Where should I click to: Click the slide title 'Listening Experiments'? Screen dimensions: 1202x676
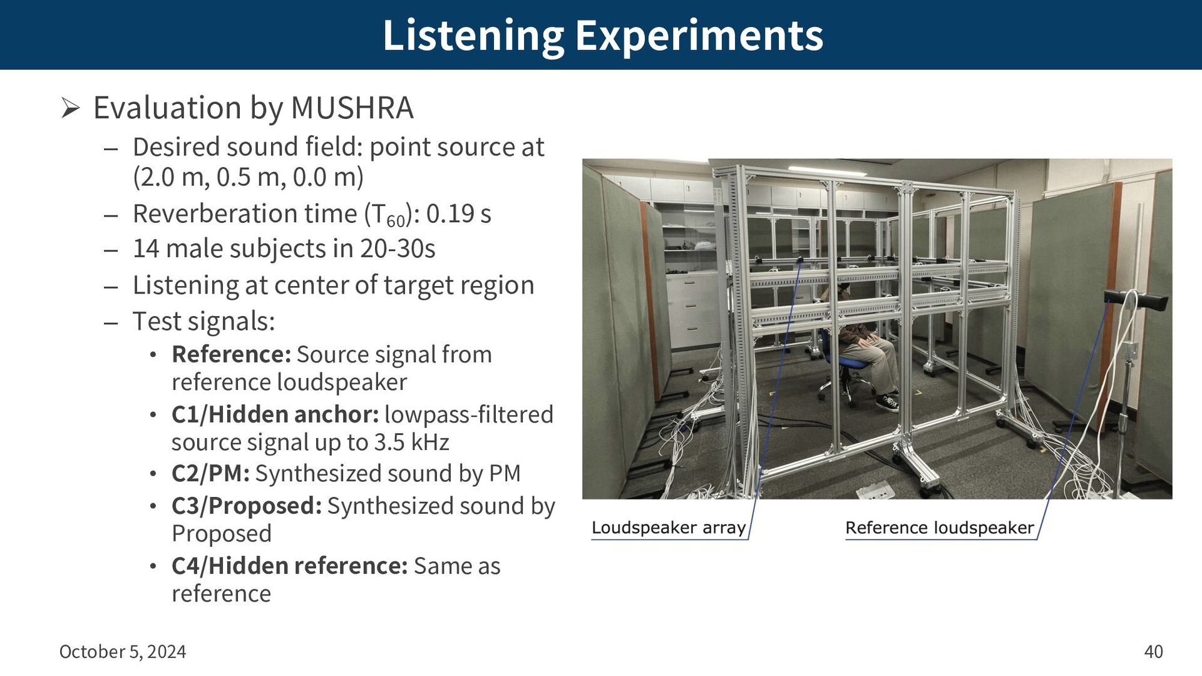point(602,35)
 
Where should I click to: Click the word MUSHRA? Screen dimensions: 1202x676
point(352,108)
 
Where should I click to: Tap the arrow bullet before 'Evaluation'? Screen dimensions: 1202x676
point(70,108)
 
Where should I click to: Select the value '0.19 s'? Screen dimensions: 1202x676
point(458,214)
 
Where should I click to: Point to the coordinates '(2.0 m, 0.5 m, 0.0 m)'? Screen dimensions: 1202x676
point(248,178)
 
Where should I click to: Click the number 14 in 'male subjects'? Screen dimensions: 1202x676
point(146,248)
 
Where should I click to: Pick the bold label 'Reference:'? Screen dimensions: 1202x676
point(231,354)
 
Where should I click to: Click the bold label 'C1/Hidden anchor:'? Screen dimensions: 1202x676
point(275,414)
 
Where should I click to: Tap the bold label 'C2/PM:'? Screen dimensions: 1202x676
point(210,474)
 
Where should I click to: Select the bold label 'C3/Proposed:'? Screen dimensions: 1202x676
point(247,506)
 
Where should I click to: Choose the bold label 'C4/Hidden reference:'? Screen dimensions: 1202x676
point(290,566)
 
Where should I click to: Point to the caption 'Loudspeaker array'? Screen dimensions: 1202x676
point(669,528)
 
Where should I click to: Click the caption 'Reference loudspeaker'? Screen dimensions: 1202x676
point(940,528)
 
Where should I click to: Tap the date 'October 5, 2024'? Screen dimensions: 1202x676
point(123,652)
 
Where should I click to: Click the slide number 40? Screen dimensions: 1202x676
point(1153,652)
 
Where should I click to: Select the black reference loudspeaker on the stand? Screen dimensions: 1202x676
point(1134,300)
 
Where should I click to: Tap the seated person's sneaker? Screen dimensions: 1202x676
point(887,402)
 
